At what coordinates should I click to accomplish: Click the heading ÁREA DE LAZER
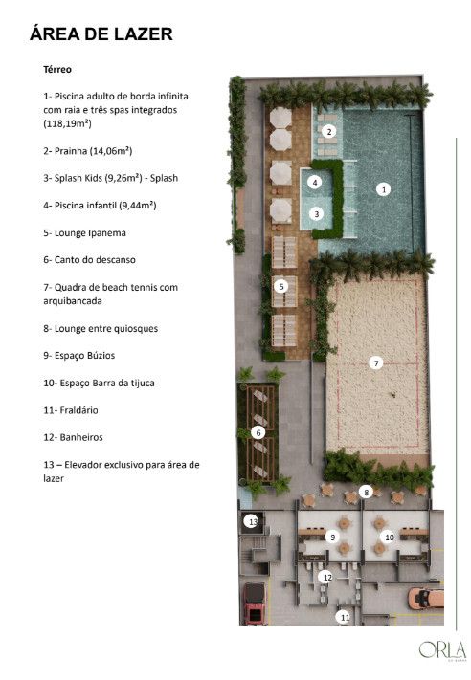(x=101, y=34)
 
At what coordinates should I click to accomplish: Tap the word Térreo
(x=57, y=70)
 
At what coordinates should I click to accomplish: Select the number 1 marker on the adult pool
(x=383, y=189)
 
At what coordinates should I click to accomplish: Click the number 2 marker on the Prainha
(x=329, y=131)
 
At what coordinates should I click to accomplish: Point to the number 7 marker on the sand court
(x=376, y=363)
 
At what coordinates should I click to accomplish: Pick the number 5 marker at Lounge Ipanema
(x=281, y=286)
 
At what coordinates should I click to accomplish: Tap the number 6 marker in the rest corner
(x=258, y=432)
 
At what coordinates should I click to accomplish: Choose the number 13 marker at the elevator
(x=252, y=521)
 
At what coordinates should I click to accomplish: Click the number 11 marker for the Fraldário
(x=345, y=617)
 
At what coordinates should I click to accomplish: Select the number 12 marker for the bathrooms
(x=326, y=578)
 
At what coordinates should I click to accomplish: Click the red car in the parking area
(x=255, y=603)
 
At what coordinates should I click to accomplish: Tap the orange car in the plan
(x=426, y=599)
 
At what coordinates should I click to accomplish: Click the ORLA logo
(x=442, y=650)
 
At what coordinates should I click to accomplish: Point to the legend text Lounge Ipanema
(x=90, y=232)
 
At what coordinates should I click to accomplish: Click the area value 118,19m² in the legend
(x=67, y=123)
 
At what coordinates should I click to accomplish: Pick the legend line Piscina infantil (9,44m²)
(x=100, y=206)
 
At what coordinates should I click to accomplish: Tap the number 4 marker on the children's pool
(x=315, y=182)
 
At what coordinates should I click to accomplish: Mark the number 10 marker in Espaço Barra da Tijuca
(x=389, y=537)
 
